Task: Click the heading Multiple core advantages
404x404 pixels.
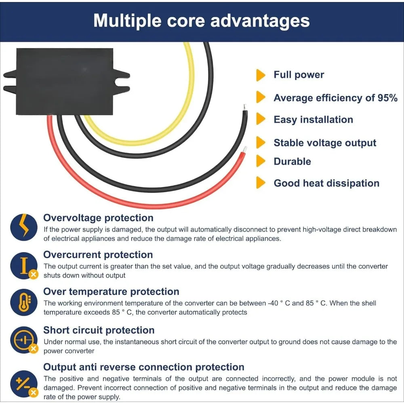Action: click(x=202, y=21)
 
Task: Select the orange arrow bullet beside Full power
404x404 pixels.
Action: click(x=261, y=75)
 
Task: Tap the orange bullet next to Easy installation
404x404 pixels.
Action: click(x=261, y=119)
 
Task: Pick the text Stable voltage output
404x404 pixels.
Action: click(x=325, y=143)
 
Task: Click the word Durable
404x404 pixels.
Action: click(x=292, y=162)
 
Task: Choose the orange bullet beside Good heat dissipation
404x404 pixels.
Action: click(x=261, y=183)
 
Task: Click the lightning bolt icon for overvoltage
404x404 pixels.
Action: click(x=24, y=227)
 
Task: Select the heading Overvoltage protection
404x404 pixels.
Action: click(x=98, y=218)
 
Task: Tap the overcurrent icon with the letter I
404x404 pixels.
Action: click(x=24, y=266)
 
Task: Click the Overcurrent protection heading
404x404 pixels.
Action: click(x=98, y=255)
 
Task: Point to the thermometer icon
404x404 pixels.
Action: click(x=24, y=303)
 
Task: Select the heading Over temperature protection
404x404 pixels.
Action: click(x=111, y=292)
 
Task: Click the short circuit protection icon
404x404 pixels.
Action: click(x=24, y=340)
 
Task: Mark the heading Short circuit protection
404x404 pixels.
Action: click(x=99, y=330)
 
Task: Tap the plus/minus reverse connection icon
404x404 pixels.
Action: click(x=24, y=384)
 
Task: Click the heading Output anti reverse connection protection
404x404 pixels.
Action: click(x=144, y=367)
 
